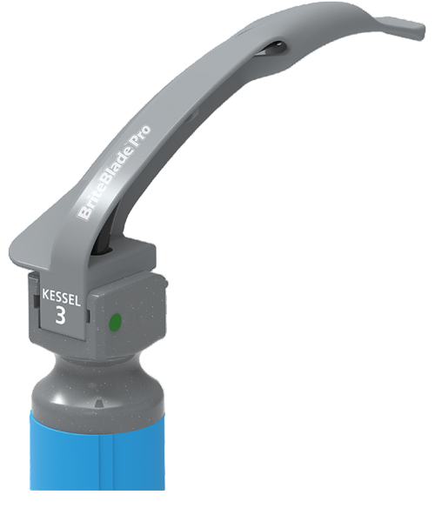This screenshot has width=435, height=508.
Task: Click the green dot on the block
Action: (x=114, y=324)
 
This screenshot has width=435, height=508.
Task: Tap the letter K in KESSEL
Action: (x=44, y=296)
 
